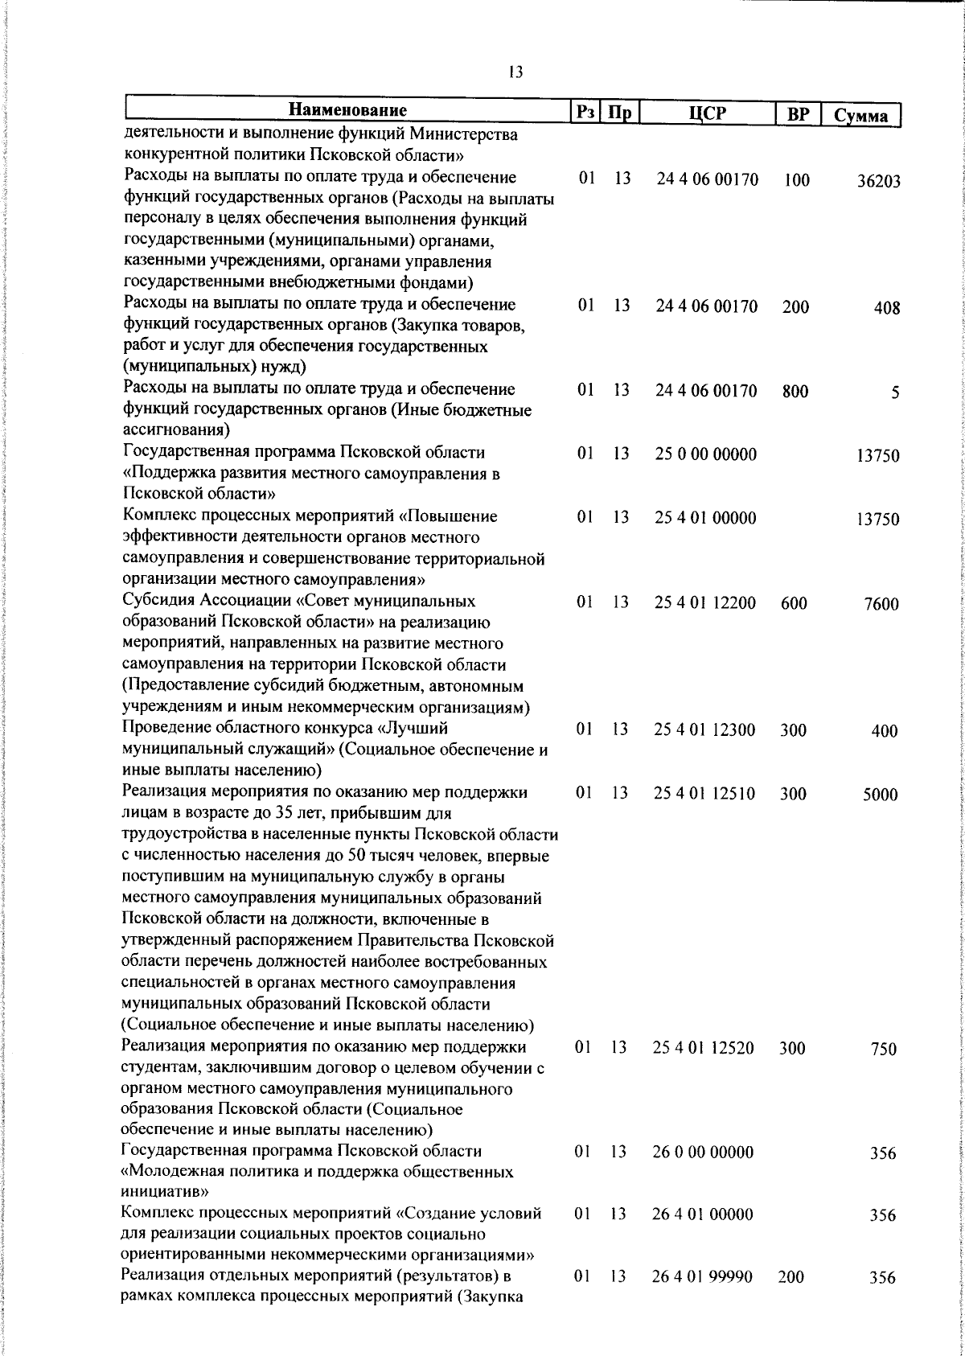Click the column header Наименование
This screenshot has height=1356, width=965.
click(x=347, y=111)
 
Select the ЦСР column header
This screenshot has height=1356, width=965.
click(x=708, y=113)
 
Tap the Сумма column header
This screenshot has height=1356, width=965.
click(x=860, y=115)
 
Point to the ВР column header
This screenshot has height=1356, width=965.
click(x=798, y=114)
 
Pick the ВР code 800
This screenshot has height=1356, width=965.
click(x=795, y=392)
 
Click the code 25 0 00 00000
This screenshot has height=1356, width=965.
click(x=705, y=454)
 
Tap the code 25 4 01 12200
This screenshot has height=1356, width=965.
click(x=704, y=602)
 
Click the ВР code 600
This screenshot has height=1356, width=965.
click(x=794, y=602)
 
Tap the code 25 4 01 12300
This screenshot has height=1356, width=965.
click(x=704, y=729)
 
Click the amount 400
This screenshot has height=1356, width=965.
click(x=885, y=732)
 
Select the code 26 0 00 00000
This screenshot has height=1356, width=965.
click(x=703, y=1153)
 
